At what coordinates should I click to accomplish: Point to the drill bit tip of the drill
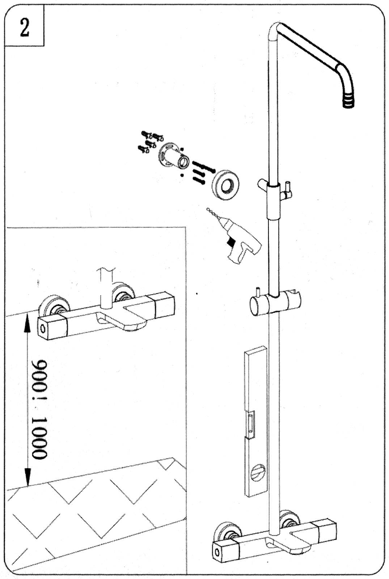[x=208, y=208]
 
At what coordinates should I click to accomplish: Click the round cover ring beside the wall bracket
[x=225, y=185]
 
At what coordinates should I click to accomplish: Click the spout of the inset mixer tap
[x=122, y=319]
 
